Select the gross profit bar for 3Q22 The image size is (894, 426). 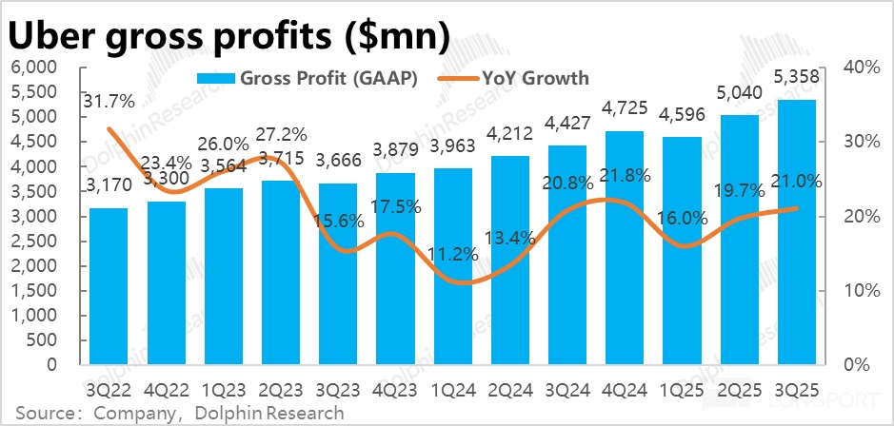(x=108, y=285)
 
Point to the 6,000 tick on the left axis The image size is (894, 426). (x=35, y=68)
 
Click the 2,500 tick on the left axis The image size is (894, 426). (x=35, y=241)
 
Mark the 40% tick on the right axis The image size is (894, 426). (x=860, y=68)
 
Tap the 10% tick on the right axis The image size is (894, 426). (x=860, y=290)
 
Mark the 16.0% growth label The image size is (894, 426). (x=682, y=218)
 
